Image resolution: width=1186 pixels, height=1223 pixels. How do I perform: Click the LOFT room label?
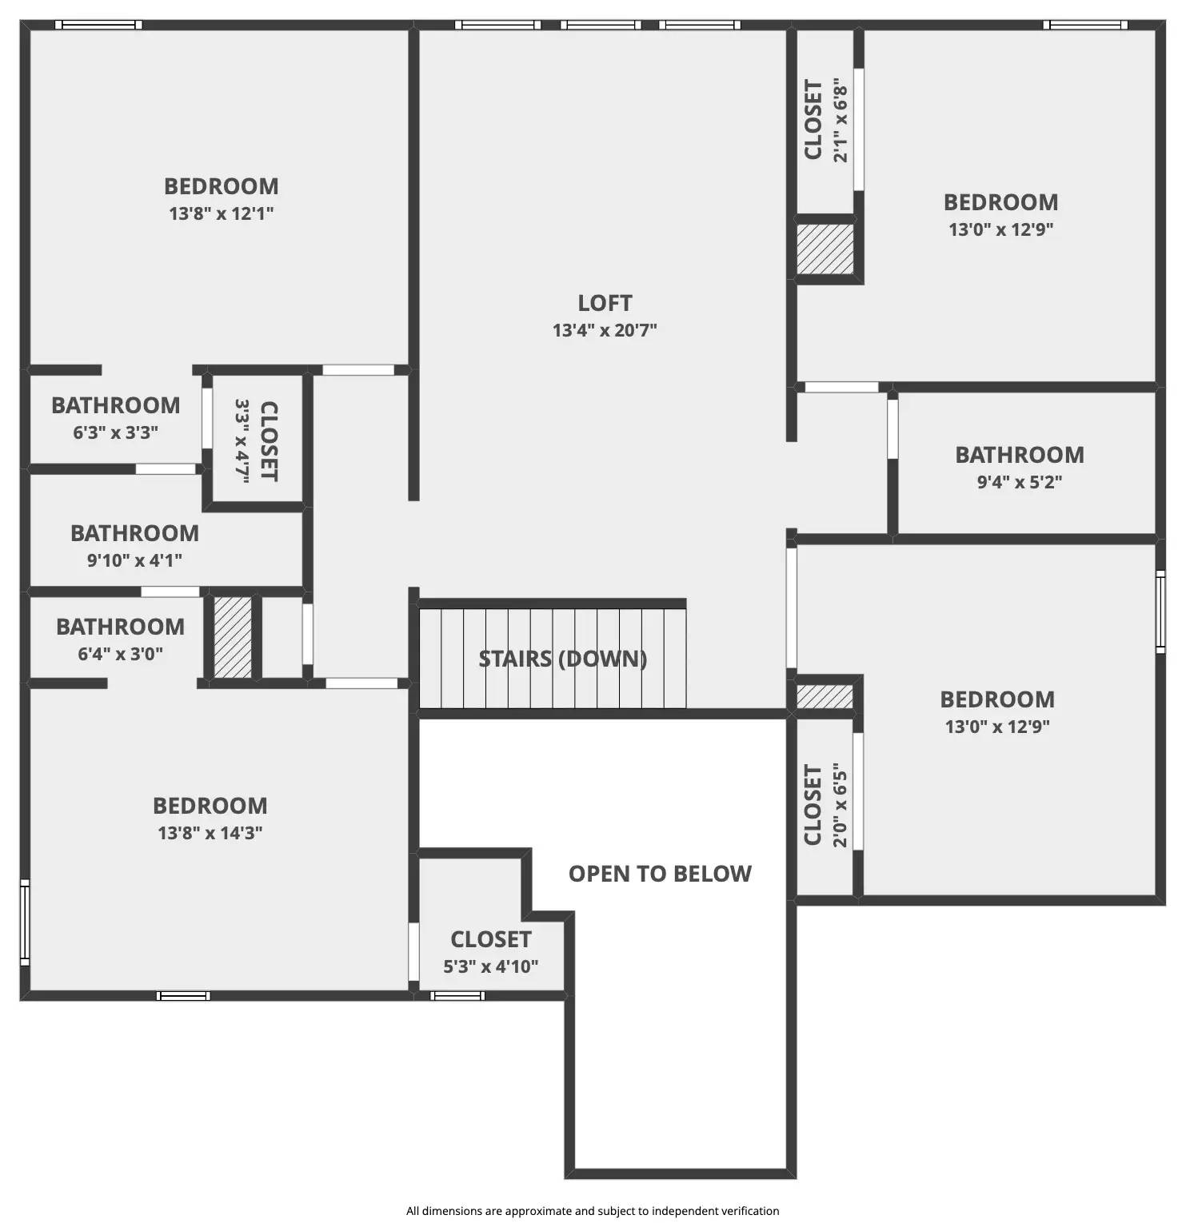coord(605,304)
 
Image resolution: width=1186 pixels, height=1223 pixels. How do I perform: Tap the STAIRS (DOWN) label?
coord(562,659)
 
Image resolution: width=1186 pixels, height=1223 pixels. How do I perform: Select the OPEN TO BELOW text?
coord(660,874)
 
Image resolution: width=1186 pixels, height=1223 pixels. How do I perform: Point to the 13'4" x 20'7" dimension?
coord(605,330)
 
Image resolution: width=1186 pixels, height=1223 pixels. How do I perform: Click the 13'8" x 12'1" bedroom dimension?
coord(222,213)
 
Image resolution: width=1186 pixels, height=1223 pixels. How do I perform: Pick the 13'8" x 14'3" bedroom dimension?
coord(210,833)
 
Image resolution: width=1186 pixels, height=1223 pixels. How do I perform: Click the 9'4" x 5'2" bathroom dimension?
coord(1020,482)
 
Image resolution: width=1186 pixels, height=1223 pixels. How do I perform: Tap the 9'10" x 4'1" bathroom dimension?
coord(134,560)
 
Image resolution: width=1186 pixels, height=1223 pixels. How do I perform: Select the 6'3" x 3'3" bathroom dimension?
coord(116,432)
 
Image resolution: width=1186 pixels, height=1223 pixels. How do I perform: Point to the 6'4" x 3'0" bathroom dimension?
coord(120,654)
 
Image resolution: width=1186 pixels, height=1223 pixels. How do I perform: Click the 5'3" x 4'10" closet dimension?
coord(491,966)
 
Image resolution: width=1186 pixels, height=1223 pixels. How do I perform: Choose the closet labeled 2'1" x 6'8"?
coord(825,120)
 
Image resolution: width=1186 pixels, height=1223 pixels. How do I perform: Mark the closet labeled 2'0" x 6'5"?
coord(825,805)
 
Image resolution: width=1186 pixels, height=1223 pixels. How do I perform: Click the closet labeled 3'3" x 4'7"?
coord(256,440)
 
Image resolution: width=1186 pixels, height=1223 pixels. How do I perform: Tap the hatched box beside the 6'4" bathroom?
coord(233,637)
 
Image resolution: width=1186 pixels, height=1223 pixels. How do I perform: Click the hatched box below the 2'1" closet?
coord(825,249)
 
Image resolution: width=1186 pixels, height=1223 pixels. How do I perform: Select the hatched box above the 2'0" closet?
coord(825,695)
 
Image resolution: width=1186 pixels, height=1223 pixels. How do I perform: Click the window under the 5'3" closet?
coord(457,996)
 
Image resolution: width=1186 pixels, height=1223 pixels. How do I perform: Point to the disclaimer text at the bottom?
coord(593,1211)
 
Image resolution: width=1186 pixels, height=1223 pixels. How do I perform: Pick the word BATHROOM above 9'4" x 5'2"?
coord(1020,455)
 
